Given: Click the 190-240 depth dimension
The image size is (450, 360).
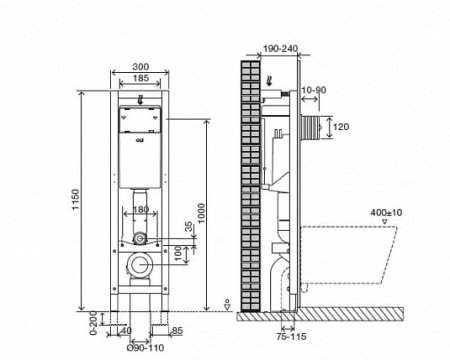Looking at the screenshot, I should [273, 46].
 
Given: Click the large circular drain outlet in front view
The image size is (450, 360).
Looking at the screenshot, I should [142, 267].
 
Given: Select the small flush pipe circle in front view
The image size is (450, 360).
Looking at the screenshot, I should [142, 239].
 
